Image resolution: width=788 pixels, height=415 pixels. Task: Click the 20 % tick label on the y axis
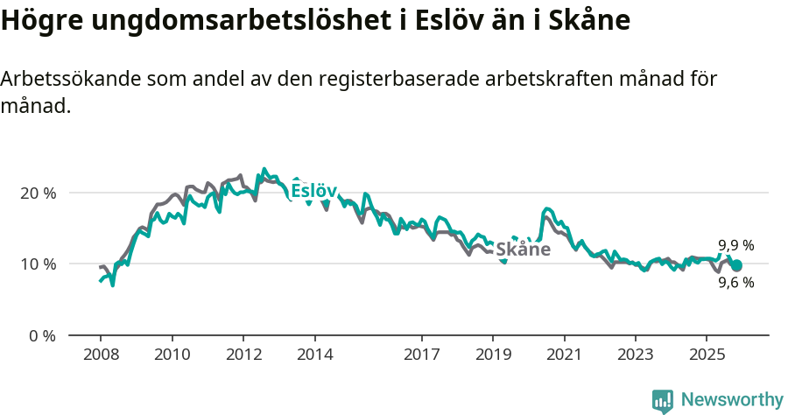(x=37, y=193)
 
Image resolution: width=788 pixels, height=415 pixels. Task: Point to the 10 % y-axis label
(x=37, y=264)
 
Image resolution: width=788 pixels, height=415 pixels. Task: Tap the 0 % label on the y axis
(x=41, y=335)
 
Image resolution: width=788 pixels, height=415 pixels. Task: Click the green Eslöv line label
(x=313, y=191)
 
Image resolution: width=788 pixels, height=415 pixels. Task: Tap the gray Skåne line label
(x=524, y=250)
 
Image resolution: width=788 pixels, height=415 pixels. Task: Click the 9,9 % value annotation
(x=736, y=246)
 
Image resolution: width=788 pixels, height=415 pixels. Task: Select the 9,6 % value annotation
(x=736, y=283)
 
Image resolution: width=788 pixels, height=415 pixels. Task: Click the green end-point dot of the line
(x=736, y=265)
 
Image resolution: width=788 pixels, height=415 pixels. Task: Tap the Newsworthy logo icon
(x=663, y=401)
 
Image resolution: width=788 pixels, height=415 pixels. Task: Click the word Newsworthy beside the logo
(x=731, y=400)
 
